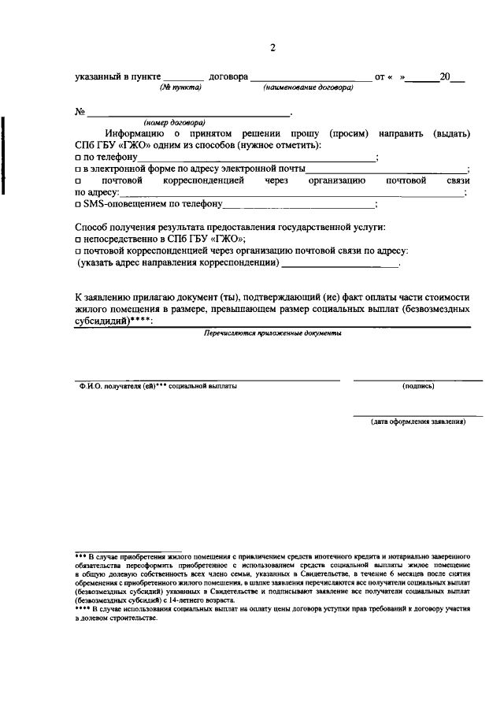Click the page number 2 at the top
[x=272, y=47]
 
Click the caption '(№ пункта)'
[x=181, y=87]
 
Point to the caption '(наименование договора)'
[x=308, y=87]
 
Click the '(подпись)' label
[x=417, y=386]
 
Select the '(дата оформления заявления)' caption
[x=418, y=421]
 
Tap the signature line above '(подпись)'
[x=417, y=380]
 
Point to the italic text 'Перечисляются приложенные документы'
[x=272, y=333]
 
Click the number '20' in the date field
[x=445, y=77]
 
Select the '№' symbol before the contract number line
[x=80, y=112]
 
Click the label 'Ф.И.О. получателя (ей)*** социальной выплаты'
[x=157, y=386]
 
